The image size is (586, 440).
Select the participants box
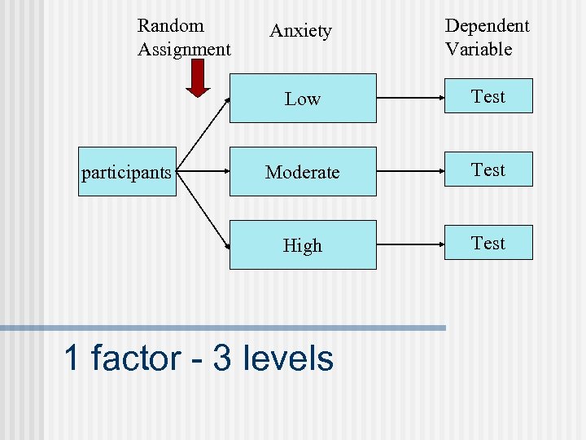127,172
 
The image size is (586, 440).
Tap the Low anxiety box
303,99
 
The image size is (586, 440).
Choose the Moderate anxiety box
303,172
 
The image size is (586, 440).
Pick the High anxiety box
303,245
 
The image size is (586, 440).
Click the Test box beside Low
488,96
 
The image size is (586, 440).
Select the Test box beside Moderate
488,169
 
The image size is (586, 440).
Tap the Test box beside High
488,243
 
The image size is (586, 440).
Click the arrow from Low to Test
412,98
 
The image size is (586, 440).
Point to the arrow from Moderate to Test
412,171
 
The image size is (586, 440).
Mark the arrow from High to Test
412,244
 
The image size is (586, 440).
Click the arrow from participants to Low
203,130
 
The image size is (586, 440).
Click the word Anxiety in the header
301,31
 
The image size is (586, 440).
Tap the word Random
171,26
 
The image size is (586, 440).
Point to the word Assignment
184,50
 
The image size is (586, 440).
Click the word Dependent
487,26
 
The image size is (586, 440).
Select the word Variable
479,50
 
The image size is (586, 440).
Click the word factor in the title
136,359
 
